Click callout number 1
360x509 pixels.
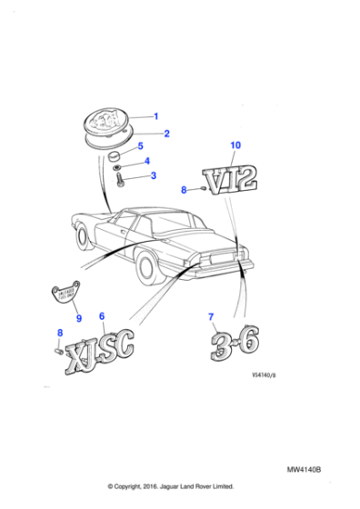pos(155,115)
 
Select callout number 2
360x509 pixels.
pos(166,134)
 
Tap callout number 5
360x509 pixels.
pos(139,145)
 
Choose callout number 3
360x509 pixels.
pos(153,175)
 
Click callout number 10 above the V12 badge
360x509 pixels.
pos(235,145)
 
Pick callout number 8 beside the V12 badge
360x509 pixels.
pos(183,190)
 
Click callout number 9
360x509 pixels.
pos(78,318)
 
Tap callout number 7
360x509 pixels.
pos(211,316)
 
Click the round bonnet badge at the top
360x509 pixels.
pos(106,124)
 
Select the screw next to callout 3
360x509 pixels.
pos(121,181)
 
